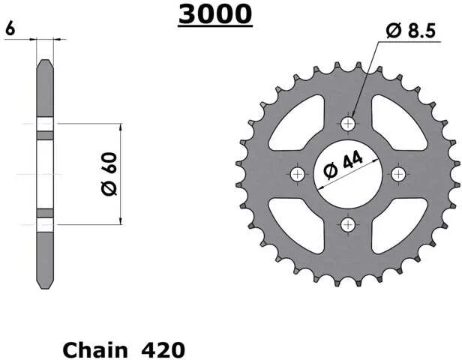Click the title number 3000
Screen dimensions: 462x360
pos(215,14)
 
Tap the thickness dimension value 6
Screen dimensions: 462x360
pos(10,28)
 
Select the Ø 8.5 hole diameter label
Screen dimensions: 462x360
pos(411,31)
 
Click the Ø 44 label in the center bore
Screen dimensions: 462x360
pos(343,164)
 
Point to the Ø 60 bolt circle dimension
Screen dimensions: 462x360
pos(109,174)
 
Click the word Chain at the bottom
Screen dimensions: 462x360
pos(95,350)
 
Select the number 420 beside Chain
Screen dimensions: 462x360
pos(163,350)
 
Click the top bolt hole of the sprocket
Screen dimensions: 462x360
pos(348,124)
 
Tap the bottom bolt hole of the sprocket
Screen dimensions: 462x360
pos(348,225)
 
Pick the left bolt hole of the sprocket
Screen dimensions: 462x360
pos(298,175)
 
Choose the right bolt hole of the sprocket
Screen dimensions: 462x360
pos(399,175)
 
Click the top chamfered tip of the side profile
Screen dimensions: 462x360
pos(45,60)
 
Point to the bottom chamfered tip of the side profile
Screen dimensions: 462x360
pos(45,288)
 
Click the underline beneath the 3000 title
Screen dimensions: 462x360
pos(215,27)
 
